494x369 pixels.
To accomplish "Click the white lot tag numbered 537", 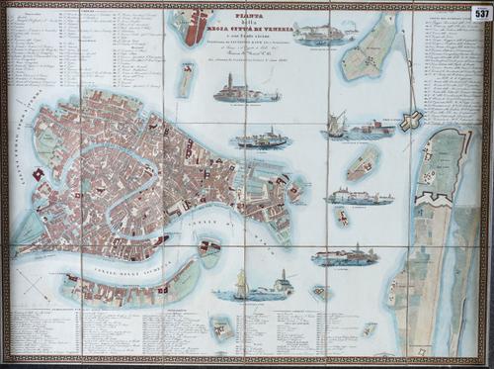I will point(480,13).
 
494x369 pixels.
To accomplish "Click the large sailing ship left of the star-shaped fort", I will point(337,125).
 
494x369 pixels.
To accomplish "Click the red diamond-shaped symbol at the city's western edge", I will point(39,175).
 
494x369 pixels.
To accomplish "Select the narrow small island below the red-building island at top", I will point(186,79).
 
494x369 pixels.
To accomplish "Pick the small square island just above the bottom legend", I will point(222,327).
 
